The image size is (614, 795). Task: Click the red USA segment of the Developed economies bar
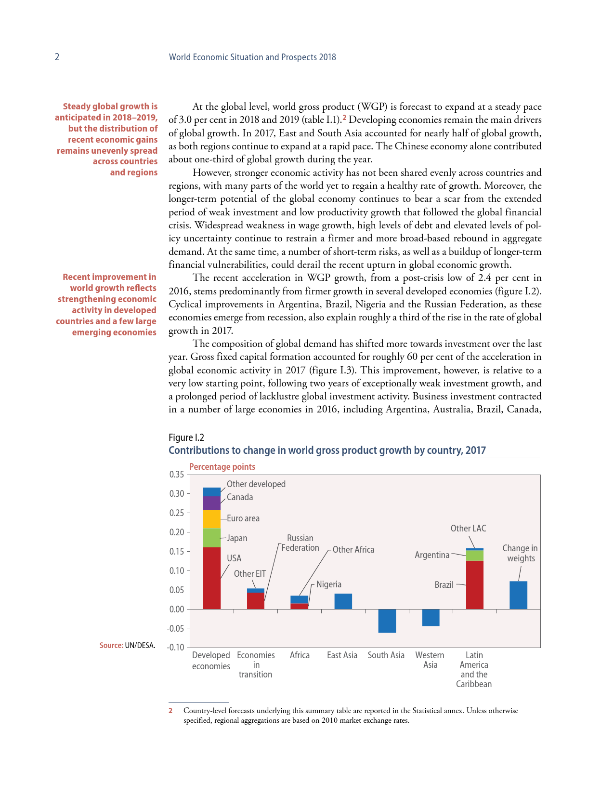pyautogui.click(x=212, y=578)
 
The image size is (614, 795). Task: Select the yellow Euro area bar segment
pyautogui.click(x=212, y=519)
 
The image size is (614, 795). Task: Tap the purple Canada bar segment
pyautogui.click(x=212, y=503)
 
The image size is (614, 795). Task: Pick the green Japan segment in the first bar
pyautogui.click(x=212, y=538)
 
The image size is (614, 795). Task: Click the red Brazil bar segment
pyautogui.click(x=475, y=585)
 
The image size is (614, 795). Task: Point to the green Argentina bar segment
pyautogui.click(x=475, y=556)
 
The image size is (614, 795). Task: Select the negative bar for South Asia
pyautogui.click(x=387, y=621)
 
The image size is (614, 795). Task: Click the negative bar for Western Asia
pyautogui.click(x=431, y=618)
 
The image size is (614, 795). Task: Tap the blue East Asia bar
pyautogui.click(x=343, y=601)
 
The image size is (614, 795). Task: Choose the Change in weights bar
pyautogui.click(x=519, y=595)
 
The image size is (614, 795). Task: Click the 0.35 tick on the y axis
pyautogui.click(x=177, y=475)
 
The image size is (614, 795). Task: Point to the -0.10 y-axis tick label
pyautogui.click(x=176, y=647)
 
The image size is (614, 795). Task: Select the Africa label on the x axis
pyautogui.click(x=300, y=655)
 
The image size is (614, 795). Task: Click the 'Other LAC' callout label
pyautogui.click(x=468, y=529)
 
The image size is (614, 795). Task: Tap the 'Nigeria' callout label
pyautogui.click(x=329, y=584)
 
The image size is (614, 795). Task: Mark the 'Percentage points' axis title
pyautogui.click(x=222, y=467)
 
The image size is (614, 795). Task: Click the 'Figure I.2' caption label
pyautogui.click(x=186, y=437)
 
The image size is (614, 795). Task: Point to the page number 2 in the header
pyautogui.click(x=57, y=57)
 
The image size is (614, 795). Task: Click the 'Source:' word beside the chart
pyautogui.click(x=111, y=646)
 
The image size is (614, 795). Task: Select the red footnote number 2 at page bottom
pyautogui.click(x=170, y=711)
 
